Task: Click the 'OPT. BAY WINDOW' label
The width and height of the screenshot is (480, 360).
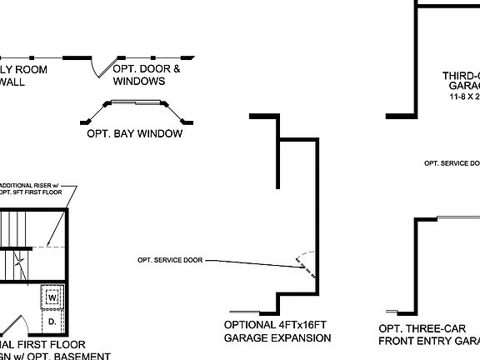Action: (x=134, y=133)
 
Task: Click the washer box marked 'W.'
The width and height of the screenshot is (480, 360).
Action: (x=52, y=297)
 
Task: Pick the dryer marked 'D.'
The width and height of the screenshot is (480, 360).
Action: (x=52, y=320)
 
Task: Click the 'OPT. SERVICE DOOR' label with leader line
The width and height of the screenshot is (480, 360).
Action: (x=169, y=260)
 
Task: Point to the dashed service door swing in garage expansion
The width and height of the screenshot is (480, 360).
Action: (x=307, y=262)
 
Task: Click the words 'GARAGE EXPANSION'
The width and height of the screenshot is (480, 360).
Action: (x=277, y=338)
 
